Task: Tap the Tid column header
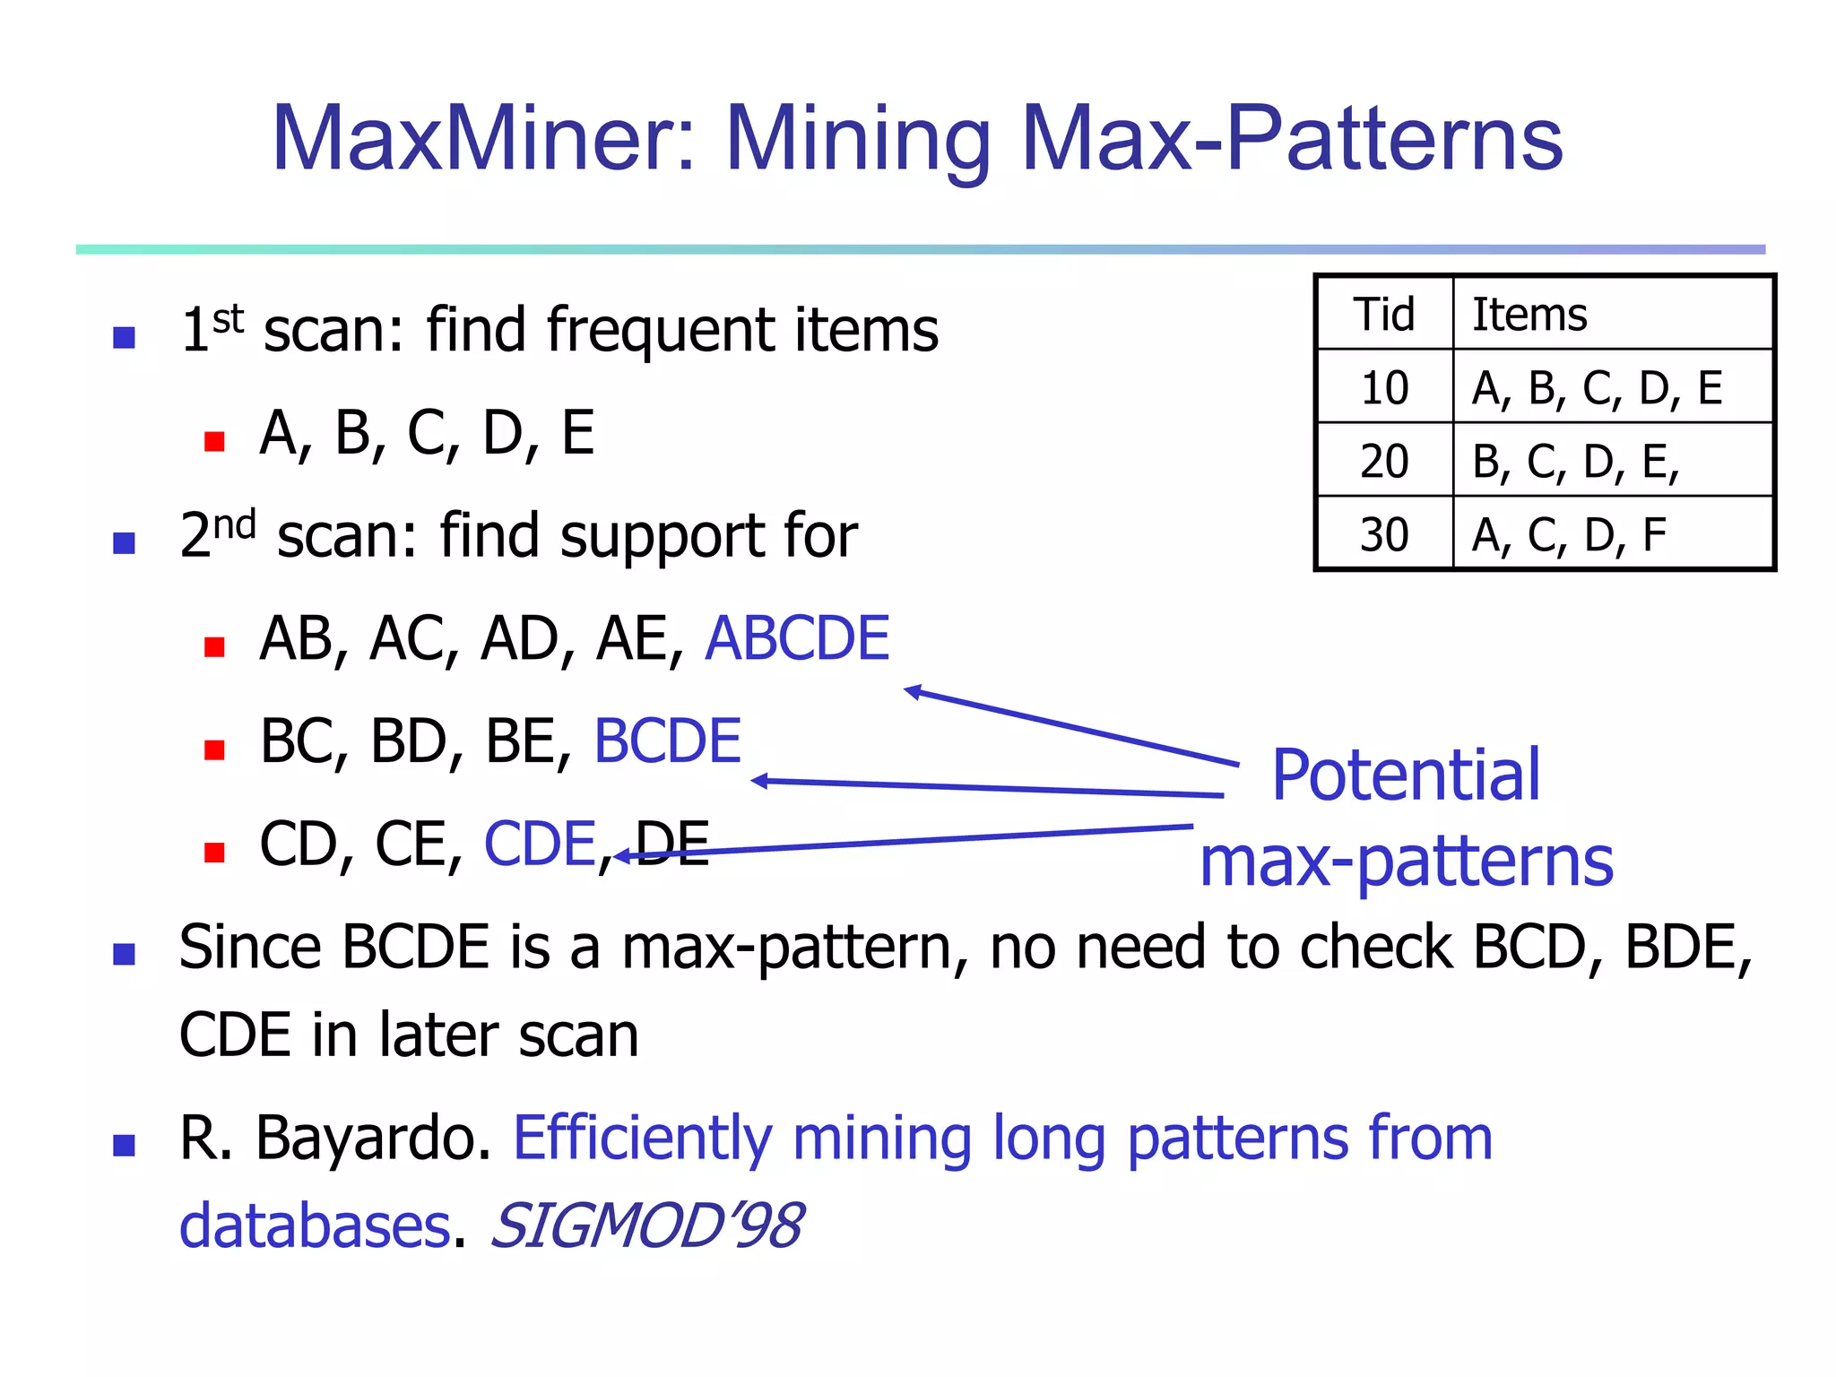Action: coord(1384,315)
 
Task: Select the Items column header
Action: coord(1529,315)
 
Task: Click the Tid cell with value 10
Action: coord(1384,388)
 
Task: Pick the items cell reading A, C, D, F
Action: coord(1569,535)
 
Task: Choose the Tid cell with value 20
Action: coord(1384,462)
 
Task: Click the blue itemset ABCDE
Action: coord(797,639)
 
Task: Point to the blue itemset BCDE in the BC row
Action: coord(668,741)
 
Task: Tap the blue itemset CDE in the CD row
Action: coord(540,844)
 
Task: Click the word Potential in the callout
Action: coord(1406,775)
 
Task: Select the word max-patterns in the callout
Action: coord(1406,862)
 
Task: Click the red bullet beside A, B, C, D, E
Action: coord(214,441)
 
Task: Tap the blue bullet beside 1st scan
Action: coord(124,338)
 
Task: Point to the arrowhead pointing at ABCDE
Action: coord(913,691)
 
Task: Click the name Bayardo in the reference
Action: coord(374,1139)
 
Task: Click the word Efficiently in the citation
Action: coord(642,1139)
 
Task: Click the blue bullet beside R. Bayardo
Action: coord(124,1145)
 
